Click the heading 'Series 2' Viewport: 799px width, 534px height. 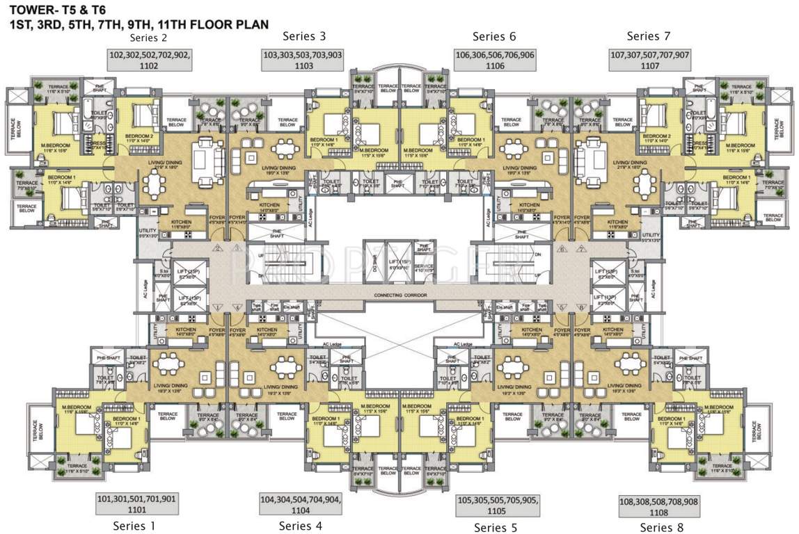tap(149, 38)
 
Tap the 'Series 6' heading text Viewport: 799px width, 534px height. tap(494, 37)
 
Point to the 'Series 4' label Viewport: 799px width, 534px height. tap(301, 525)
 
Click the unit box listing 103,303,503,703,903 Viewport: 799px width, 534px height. tap(303, 60)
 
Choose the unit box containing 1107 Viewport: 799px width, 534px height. tap(649, 60)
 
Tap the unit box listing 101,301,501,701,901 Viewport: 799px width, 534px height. tap(136, 503)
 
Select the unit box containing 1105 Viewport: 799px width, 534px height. tap(497, 505)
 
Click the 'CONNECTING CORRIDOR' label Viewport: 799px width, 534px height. tap(399, 296)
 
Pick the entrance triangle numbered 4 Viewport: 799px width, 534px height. tap(238, 307)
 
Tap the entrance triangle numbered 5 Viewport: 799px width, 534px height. tap(560, 307)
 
